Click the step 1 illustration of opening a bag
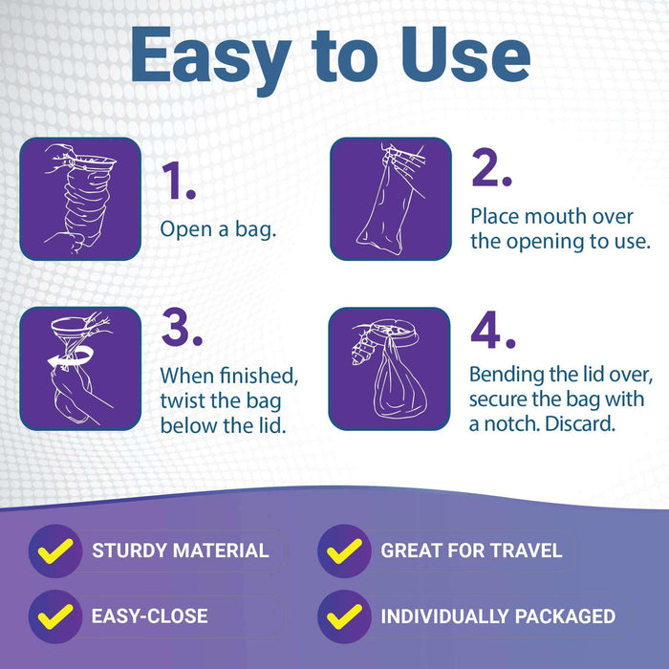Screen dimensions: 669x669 click(80, 199)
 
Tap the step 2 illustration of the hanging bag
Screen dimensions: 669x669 click(390, 199)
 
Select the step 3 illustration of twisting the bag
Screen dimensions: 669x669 click(80, 369)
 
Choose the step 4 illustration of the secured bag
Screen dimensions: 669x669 click(390, 369)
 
